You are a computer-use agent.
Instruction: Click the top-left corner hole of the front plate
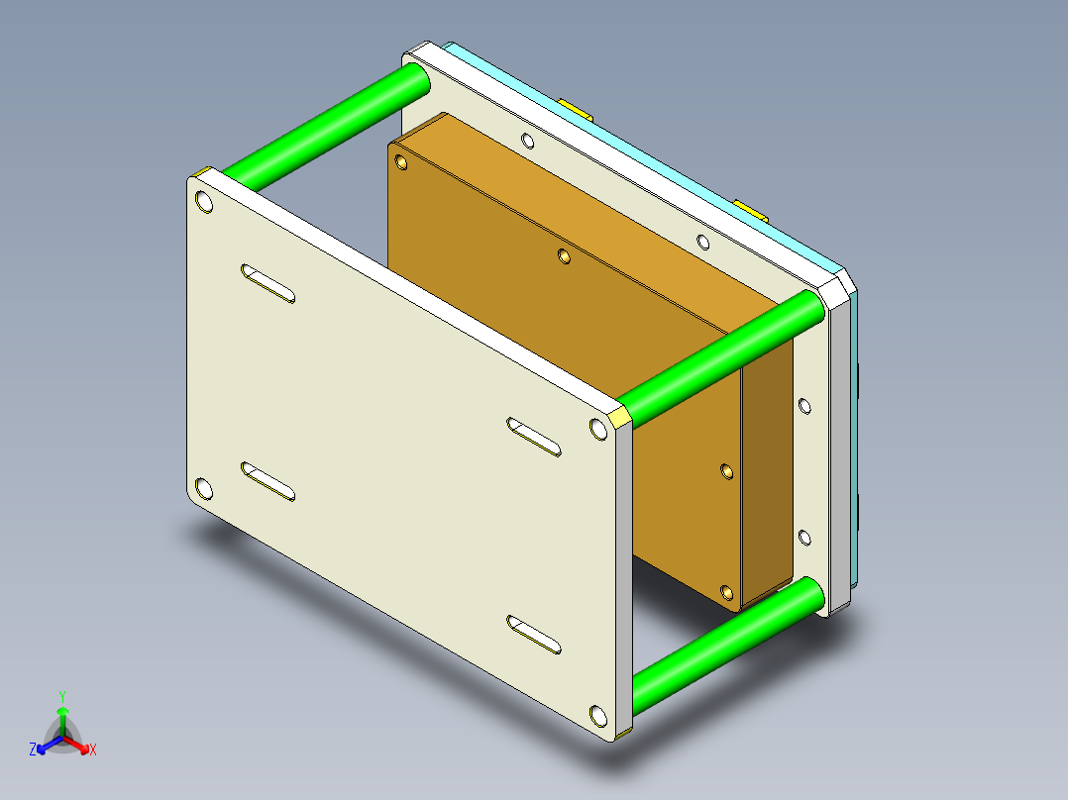pos(205,203)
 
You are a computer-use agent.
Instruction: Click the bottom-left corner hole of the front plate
pos(204,488)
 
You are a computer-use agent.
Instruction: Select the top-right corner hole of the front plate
pos(598,429)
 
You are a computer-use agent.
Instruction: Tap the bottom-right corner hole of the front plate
pos(596,715)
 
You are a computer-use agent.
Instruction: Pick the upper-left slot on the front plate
pos(267,283)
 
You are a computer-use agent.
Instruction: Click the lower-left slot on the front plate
pos(267,481)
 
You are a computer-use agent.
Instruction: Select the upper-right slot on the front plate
pos(535,437)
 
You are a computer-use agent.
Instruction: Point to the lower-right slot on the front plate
pos(535,635)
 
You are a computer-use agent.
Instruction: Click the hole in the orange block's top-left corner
pos(401,161)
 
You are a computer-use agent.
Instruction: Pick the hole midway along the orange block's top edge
pos(564,256)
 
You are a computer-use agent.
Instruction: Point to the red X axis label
pos(93,750)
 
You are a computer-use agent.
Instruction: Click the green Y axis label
pos(62,696)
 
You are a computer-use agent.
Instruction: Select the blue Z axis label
pos(33,750)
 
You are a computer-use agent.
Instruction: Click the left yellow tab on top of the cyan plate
pos(576,107)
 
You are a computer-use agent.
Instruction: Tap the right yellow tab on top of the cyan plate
pos(750,208)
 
